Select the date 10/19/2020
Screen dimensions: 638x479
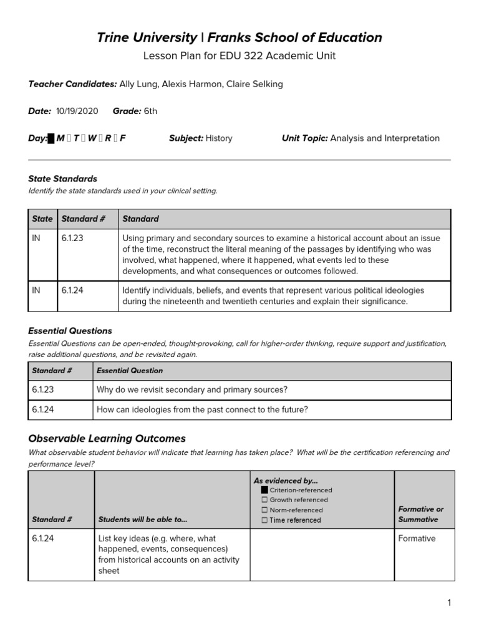coord(77,112)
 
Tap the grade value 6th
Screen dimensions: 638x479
coord(150,112)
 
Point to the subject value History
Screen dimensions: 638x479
coord(218,138)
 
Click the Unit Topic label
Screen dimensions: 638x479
coord(304,138)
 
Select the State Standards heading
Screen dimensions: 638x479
coord(63,179)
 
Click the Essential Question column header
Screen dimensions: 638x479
coord(130,371)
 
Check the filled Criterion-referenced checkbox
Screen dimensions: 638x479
coord(264,490)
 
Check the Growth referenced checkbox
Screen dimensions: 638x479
coord(264,500)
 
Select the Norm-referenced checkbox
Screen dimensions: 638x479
coord(264,510)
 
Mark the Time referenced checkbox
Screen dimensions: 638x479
coord(264,520)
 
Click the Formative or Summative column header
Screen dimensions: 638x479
coord(421,514)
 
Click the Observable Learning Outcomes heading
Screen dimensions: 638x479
coord(107,439)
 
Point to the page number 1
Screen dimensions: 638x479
coord(448,602)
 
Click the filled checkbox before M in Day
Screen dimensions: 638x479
coord(51,138)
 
